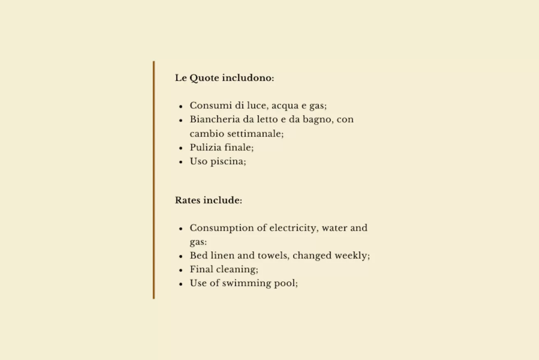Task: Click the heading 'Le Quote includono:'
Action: [224, 78]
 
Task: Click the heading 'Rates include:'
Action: [208, 200]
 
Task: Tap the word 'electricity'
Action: [293, 228]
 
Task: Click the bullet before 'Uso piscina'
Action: [181, 162]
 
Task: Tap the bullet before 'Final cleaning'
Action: [181, 270]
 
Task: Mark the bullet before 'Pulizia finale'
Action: [181, 148]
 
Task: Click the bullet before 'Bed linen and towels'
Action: [181, 256]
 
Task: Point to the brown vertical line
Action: [154, 180]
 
